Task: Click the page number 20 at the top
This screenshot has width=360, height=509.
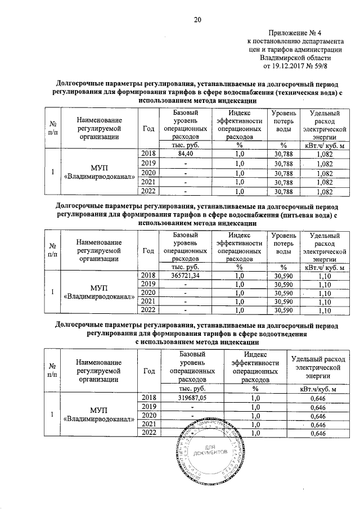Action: pos(197,20)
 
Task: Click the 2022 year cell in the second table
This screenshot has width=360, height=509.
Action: pos(148,310)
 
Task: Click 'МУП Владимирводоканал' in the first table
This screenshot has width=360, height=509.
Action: pos(100,172)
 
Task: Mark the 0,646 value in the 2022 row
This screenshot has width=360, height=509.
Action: pos(318,434)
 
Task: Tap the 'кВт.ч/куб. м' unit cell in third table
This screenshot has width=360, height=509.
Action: pos(318,388)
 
